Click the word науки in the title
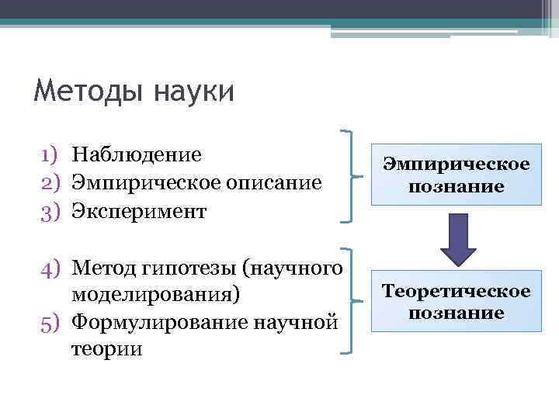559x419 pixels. click(192, 92)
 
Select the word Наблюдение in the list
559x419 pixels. click(137, 154)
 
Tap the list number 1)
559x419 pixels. click(52, 155)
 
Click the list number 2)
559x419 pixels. click(52, 183)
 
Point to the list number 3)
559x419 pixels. click(52, 211)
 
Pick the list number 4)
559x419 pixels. click(52, 268)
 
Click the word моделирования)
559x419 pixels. click(156, 295)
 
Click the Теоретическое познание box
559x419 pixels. click(456, 301)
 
